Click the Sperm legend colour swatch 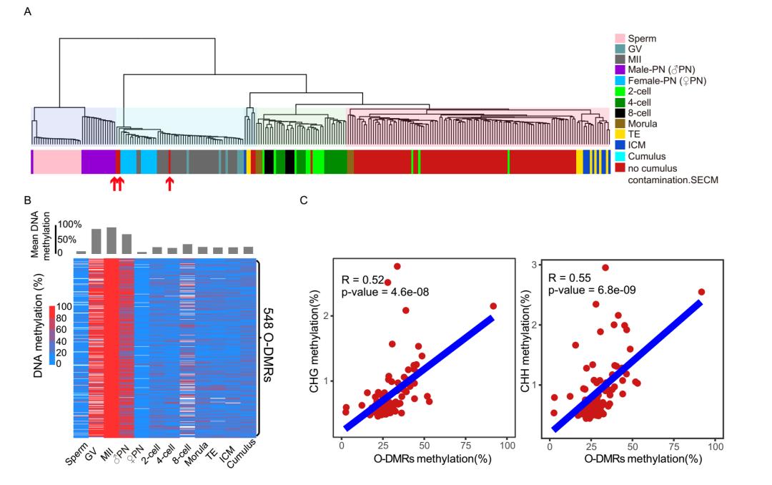620,38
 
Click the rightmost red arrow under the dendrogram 169,184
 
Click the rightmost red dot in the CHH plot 701,292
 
